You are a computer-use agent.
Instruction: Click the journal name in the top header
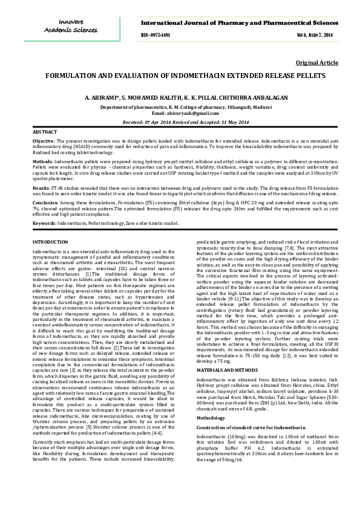click(x=243, y=22)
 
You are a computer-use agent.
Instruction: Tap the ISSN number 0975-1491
click(x=155, y=36)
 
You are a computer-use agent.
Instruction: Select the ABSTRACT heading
click(x=44, y=131)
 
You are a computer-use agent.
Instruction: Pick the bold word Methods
click(x=42, y=162)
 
